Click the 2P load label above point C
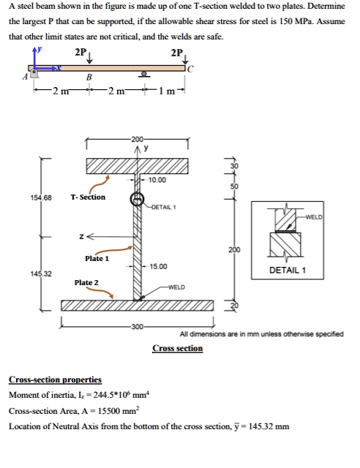(175, 53)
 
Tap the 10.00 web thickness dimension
(157, 179)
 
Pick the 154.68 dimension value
(40, 197)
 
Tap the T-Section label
(88, 197)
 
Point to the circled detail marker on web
(136, 199)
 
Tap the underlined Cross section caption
(178, 348)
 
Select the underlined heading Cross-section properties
(55, 380)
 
